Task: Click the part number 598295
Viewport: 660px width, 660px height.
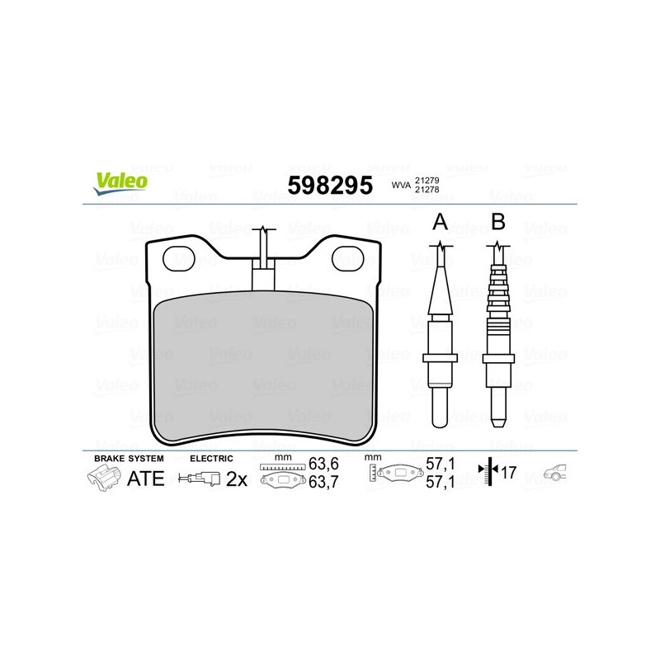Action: click(x=329, y=186)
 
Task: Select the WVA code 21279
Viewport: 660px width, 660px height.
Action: click(x=426, y=180)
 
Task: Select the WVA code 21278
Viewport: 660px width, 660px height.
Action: click(x=426, y=191)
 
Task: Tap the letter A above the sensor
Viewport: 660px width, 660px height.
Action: click(x=441, y=221)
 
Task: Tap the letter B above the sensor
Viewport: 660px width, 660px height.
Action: click(x=497, y=221)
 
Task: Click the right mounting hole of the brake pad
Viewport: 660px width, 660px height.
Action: click(x=347, y=260)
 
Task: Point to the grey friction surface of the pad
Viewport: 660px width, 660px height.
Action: click(x=262, y=363)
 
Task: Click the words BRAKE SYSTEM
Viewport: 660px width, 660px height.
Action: click(x=129, y=458)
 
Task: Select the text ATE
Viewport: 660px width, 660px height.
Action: click(x=145, y=478)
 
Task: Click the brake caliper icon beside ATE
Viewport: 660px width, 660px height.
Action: click(x=102, y=478)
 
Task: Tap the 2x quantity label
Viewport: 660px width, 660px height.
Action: click(x=237, y=478)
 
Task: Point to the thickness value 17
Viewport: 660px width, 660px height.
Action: click(x=508, y=474)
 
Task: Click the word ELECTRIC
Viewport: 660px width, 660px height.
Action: click(x=211, y=458)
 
